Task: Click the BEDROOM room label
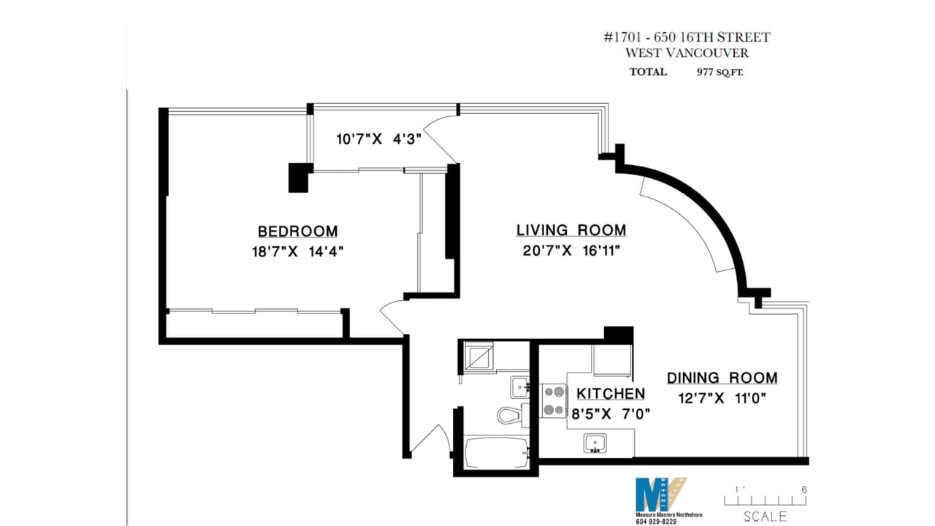297,232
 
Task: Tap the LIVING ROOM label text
571,230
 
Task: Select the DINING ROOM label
722,378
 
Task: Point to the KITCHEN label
611,393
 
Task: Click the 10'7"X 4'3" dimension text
378,139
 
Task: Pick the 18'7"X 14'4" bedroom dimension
297,252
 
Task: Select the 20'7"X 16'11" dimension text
571,251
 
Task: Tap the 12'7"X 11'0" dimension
722,398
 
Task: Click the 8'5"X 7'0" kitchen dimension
611,413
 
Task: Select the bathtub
496,452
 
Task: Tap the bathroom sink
520,387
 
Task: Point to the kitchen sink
595,443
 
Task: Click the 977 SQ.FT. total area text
720,72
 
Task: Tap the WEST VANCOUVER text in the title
687,53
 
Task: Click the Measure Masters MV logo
660,495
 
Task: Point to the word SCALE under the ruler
765,517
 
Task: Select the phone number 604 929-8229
656,522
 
